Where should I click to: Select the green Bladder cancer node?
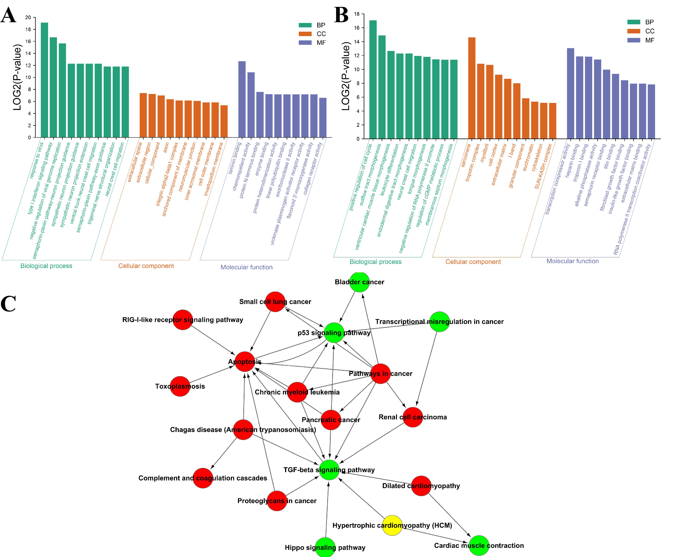point(359,282)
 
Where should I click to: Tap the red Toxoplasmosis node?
point(180,386)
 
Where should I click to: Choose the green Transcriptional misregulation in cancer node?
point(439,322)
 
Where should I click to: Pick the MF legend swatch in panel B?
point(634,40)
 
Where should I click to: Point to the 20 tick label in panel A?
point(28,17)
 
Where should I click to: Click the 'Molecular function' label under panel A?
point(246,267)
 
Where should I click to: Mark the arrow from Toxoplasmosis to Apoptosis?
point(212,374)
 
